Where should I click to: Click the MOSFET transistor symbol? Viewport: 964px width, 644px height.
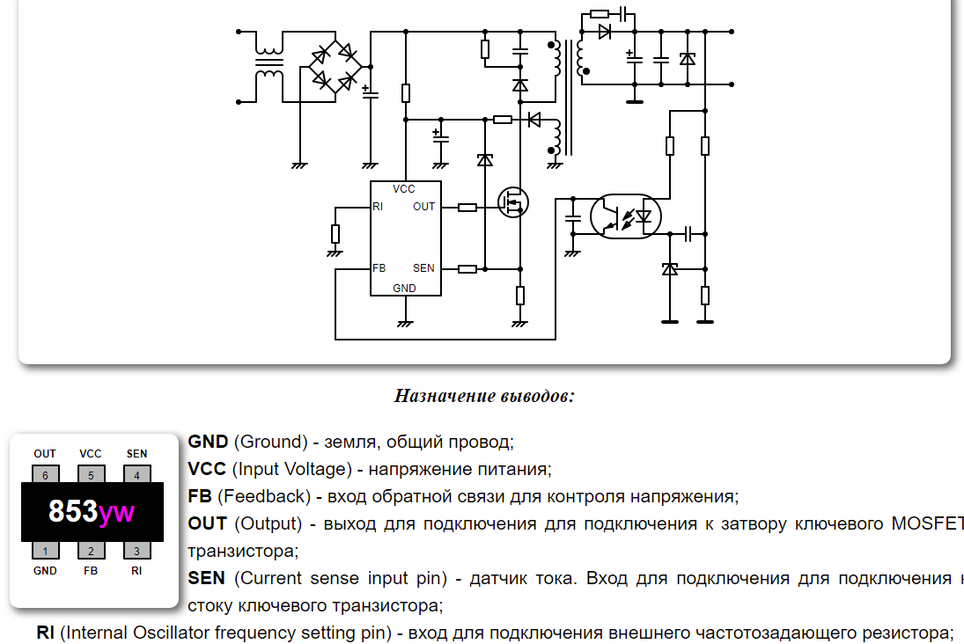512,203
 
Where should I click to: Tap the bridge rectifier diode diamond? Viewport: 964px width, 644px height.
335,67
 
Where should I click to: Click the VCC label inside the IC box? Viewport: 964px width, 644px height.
404,189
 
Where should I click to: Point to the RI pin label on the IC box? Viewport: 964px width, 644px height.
378,207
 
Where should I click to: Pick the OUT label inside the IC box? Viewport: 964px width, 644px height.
424,207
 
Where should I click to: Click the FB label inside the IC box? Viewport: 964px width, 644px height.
379,268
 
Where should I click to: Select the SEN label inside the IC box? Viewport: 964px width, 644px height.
423,268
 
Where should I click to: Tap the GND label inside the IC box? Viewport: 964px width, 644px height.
404,289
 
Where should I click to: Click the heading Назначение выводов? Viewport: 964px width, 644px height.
484,395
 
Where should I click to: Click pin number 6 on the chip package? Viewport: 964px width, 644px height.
45,475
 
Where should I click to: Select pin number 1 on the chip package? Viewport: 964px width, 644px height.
45,552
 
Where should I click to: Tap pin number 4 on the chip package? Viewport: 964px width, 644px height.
136,475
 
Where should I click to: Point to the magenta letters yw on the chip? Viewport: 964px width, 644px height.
116,512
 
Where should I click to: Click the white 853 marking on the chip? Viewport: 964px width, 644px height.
72,512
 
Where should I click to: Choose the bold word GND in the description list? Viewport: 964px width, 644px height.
208,442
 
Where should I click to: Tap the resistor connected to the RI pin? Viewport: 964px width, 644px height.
335,233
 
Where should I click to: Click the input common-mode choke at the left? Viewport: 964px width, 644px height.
269,67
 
